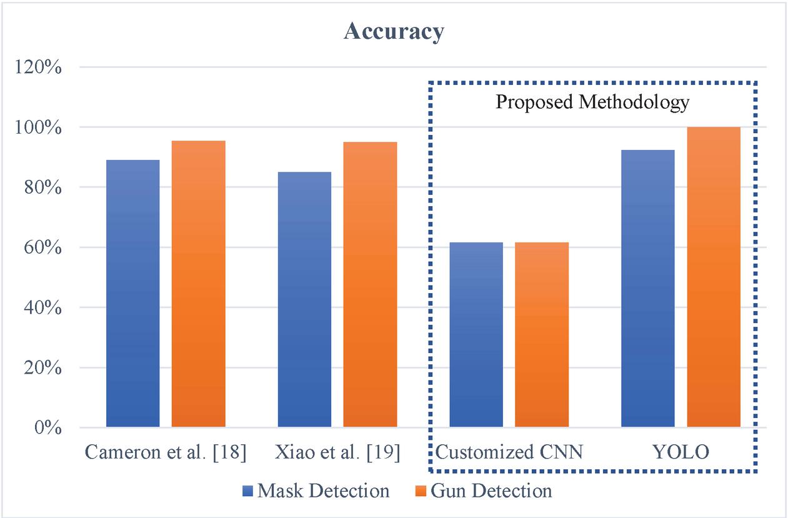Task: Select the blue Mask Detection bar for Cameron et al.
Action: tap(132, 294)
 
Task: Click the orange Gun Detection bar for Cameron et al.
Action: tap(198, 284)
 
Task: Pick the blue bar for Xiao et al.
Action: tap(304, 300)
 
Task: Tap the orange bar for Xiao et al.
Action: tap(370, 285)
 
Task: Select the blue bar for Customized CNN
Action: tap(476, 335)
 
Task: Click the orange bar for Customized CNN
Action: tap(542, 335)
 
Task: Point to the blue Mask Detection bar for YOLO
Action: tap(648, 289)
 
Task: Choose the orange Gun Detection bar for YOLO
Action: tap(714, 277)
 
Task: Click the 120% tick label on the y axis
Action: tap(37, 67)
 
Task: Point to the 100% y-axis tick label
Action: tap(37, 127)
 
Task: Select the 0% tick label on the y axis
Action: tap(46, 429)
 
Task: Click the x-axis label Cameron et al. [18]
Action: tap(166, 452)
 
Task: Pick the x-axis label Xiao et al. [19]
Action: tap(337, 452)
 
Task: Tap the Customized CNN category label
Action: tap(509, 452)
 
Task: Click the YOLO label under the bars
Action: tap(681, 452)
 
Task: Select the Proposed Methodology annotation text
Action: tap(592, 102)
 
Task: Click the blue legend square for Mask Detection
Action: tap(247, 491)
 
